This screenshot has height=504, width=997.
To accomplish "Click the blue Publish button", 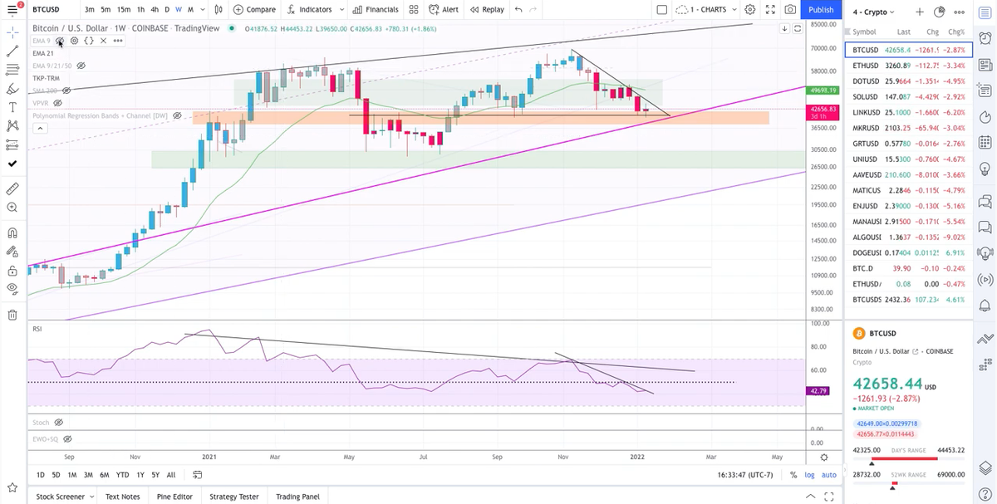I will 821,10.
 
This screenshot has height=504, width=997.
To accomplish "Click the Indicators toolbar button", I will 309,10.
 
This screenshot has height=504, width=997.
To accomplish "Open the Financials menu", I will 376,10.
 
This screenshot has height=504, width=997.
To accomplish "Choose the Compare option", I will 254,10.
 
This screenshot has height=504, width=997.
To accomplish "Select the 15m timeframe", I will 123,10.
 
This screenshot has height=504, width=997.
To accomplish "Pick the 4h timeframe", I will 155,10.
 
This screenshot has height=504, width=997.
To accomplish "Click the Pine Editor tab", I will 174,497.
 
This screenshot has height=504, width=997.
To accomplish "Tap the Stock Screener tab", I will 61,497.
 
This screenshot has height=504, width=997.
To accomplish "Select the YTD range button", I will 122,475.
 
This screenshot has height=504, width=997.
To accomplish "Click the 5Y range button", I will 155,475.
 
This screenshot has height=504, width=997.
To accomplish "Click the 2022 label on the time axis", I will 638,457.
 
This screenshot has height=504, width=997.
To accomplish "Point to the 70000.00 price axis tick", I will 822,48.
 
